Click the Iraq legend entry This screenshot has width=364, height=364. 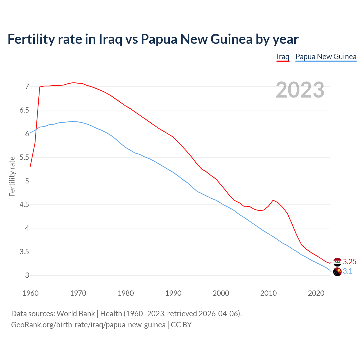(x=283, y=57)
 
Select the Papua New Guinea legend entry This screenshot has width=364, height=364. (x=326, y=57)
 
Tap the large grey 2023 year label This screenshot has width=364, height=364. (x=300, y=90)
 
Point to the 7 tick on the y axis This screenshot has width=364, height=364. (x=27, y=86)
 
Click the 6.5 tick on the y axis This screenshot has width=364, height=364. (x=24, y=110)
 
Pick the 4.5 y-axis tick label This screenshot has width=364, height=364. (x=24, y=205)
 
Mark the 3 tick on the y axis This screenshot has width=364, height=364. (x=27, y=276)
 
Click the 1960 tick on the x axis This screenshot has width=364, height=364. (x=30, y=293)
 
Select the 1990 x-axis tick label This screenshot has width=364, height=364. (x=173, y=293)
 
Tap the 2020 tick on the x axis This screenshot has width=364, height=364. (x=316, y=293)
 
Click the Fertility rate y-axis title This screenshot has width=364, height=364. (x=12, y=176)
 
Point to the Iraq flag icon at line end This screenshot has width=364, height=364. (x=337, y=262)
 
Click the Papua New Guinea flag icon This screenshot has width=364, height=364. (x=337, y=272)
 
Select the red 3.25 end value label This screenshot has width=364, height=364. (x=349, y=262)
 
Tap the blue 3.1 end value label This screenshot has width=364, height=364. (x=348, y=271)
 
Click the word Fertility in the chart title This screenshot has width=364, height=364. (x=31, y=39)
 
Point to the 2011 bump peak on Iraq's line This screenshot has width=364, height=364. (x=273, y=200)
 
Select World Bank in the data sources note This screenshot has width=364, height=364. (x=76, y=314)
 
